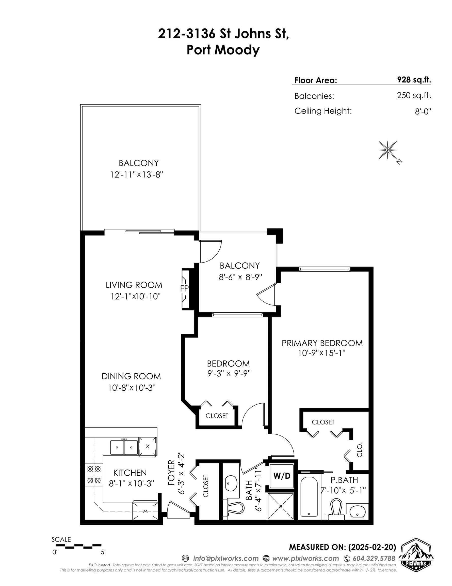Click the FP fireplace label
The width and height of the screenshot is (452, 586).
point(184,288)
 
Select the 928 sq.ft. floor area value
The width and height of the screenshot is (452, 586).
point(414,80)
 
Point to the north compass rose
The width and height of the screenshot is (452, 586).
point(388,150)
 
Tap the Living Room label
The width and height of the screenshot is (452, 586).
point(134,285)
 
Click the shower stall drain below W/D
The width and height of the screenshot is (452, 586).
point(281,506)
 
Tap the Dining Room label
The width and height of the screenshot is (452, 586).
point(131,376)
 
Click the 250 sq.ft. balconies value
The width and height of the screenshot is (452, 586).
point(414,95)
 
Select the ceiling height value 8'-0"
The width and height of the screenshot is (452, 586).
point(423,111)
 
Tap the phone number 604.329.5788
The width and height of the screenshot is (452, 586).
point(374,558)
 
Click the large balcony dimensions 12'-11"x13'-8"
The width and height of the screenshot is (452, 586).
point(137,175)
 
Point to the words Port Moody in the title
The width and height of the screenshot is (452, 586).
point(223,50)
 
